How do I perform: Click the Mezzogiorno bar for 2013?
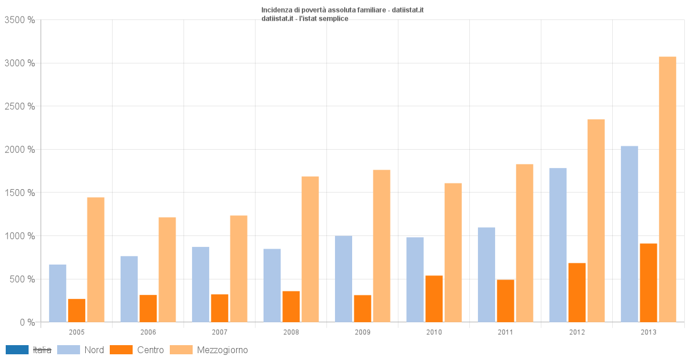(667, 189)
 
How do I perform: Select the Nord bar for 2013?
(629, 234)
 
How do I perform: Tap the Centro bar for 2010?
(434, 299)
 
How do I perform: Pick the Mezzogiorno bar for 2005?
(95, 259)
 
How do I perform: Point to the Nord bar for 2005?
(58, 293)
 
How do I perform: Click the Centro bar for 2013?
(648, 283)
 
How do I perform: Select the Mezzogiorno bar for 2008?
(310, 249)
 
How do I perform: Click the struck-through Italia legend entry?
(42, 350)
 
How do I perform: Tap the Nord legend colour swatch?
(69, 350)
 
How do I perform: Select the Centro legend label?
(150, 350)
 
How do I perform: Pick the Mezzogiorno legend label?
(222, 350)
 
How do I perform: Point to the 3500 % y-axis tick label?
(19, 20)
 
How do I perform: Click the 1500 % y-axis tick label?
(19, 193)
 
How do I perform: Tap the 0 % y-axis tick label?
(27, 322)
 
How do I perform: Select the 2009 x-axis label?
(362, 332)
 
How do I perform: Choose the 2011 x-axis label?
(505, 332)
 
